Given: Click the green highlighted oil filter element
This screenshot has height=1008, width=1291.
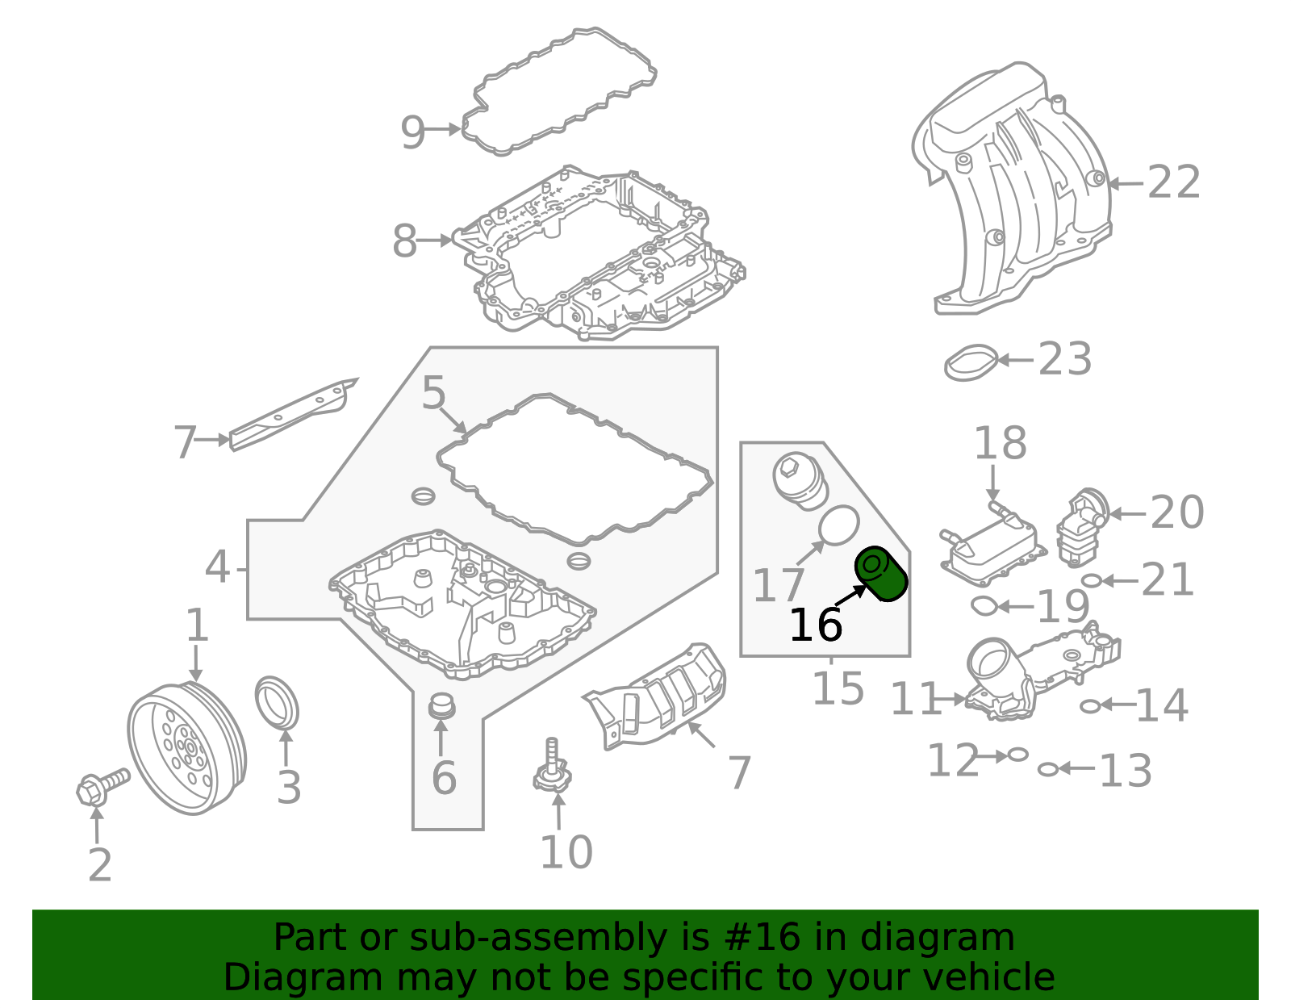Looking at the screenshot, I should click(x=882, y=575).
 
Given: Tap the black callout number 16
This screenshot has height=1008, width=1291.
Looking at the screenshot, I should click(x=815, y=625).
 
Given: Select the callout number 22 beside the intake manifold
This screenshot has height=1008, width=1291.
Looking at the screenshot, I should click(x=1174, y=182).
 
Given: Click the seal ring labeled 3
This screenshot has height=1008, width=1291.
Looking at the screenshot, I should click(x=277, y=702).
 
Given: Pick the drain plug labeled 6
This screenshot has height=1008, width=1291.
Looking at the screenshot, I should click(x=441, y=706).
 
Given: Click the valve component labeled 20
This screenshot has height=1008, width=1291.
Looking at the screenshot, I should click(x=1082, y=529).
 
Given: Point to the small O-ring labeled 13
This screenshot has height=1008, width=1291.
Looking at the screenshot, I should click(x=1047, y=769).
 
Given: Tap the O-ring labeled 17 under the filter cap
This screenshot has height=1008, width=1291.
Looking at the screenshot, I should click(x=839, y=525).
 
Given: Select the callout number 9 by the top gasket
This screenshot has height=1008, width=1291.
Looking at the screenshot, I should click(x=412, y=132).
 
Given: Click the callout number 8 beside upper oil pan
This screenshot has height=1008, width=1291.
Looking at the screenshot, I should click(x=404, y=241).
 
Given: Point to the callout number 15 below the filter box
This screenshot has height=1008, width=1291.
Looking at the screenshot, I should click(x=838, y=688).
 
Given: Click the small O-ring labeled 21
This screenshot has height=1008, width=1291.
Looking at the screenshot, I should click(x=1091, y=580).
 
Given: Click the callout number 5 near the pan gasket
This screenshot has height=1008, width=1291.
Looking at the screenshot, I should click(x=433, y=394).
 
